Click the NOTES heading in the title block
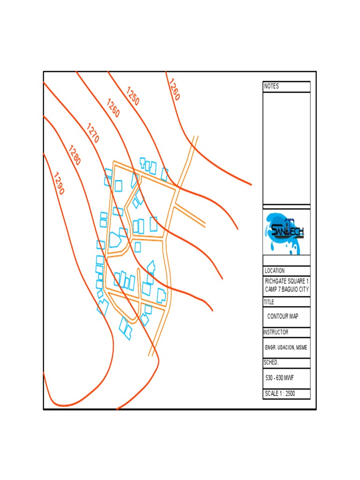click(271, 86)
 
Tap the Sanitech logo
click(286, 232)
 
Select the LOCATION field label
click(275, 271)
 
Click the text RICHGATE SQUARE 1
click(287, 281)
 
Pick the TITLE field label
click(270, 302)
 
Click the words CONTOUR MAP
click(283, 316)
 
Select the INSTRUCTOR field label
click(276, 332)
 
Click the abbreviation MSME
click(303, 347)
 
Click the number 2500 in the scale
click(290, 394)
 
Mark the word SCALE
click(272, 394)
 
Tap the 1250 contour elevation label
click(133, 96)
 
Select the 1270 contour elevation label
click(93, 133)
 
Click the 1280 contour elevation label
click(75, 156)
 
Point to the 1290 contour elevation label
click(59, 184)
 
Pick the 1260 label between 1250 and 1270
click(113, 108)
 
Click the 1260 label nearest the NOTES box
click(173, 89)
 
